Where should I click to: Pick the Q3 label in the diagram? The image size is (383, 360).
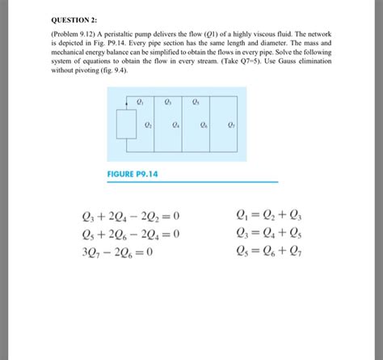167,103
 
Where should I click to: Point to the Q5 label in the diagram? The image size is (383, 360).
196,103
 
